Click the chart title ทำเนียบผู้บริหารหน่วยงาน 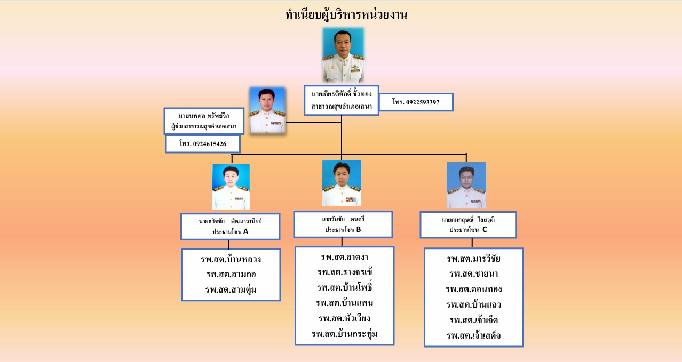[x=346, y=14]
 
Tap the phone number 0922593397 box [x=416, y=102]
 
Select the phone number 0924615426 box [x=203, y=144]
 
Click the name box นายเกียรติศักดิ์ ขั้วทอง [x=342, y=100]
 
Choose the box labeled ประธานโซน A [x=231, y=227]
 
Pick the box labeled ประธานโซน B [x=343, y=224]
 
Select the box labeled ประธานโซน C [x=468, y=224]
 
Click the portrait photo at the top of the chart [x=343, y=55]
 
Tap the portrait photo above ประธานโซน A [x=231, y=187]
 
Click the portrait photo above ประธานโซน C [x=466, y=185]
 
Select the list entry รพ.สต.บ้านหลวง [x=231, y=259]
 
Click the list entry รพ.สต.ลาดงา [x=345, y=257]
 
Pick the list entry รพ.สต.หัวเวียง [x=345, y=319]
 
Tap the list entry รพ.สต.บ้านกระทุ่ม [x=345, y=334]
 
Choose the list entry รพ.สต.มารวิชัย [x=474, y=259]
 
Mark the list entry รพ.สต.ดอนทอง [x=474, y=289]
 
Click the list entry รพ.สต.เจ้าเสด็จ [x=474, y=336]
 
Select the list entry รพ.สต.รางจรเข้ [x=345, y=272]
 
